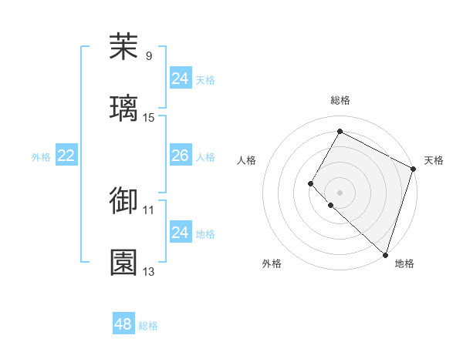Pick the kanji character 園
pyautogui.click(x=123, y=262)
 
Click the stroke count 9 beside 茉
pyautogui.click(x=149, y=55)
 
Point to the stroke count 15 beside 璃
pyautogui.click(x=149, y=117)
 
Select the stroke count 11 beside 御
pyautogui.click(x=149, y=209)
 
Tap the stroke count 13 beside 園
pyautogui.click(x=149, y=271)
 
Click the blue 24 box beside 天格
pyautogui.click(x=180, y=79)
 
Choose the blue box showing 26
pyautogui.click(x=180, y=156)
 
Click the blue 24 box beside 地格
pyautogui.click(x=180, y=233)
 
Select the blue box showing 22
pyautogui.click(x=66, y=156)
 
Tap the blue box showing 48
pyautogui.click(x=123, y=324)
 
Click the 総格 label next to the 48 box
pyautogui.click(x=148, y=326)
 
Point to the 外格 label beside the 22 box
pyautogui.click(x=41, y=157)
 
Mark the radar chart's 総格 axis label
pyautogui.click(x=340, y=100)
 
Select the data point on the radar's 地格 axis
pyautogui.click(x=385, y=254)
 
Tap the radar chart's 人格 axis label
pyautogui.click(x=247, y=160)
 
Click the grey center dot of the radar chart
pyautogui.click(x=340, y=192)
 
